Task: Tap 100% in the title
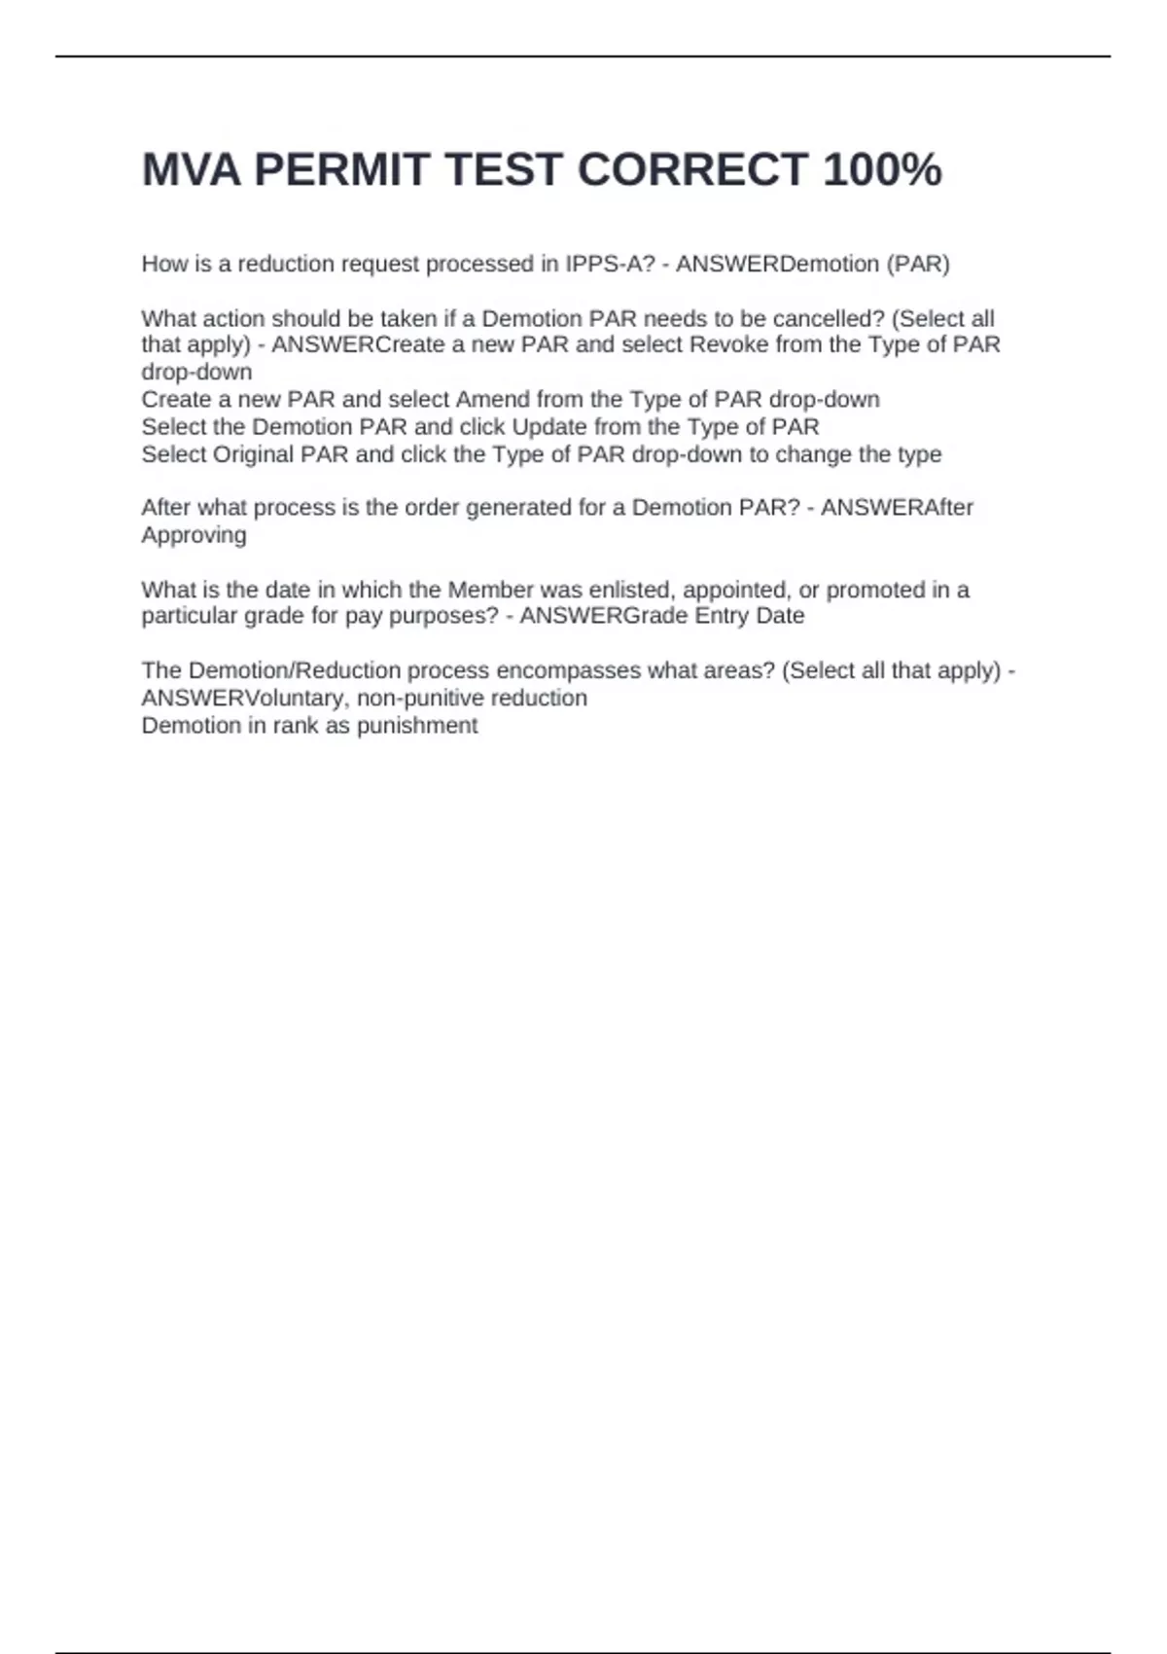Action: tap(882, 170)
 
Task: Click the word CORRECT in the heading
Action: tap(692, 170)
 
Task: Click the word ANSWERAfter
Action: tap(897, 508)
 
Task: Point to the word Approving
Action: tap(194, 535)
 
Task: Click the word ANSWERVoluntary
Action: tap(242, 699)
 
